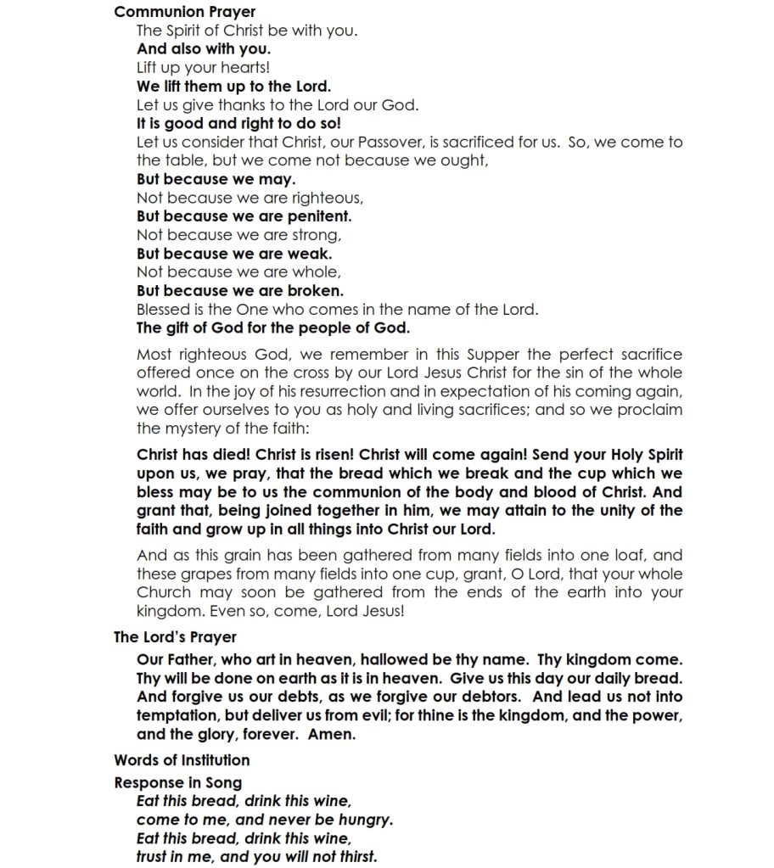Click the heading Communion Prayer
[x=184, y=12]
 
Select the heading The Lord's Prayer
[x=175, y=637]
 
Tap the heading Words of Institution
[x=182, y=759]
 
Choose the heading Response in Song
[x=177, y=782]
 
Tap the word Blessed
[x=165, y=310]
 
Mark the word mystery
[x=196, y=428]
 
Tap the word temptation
[x=177, y=715]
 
